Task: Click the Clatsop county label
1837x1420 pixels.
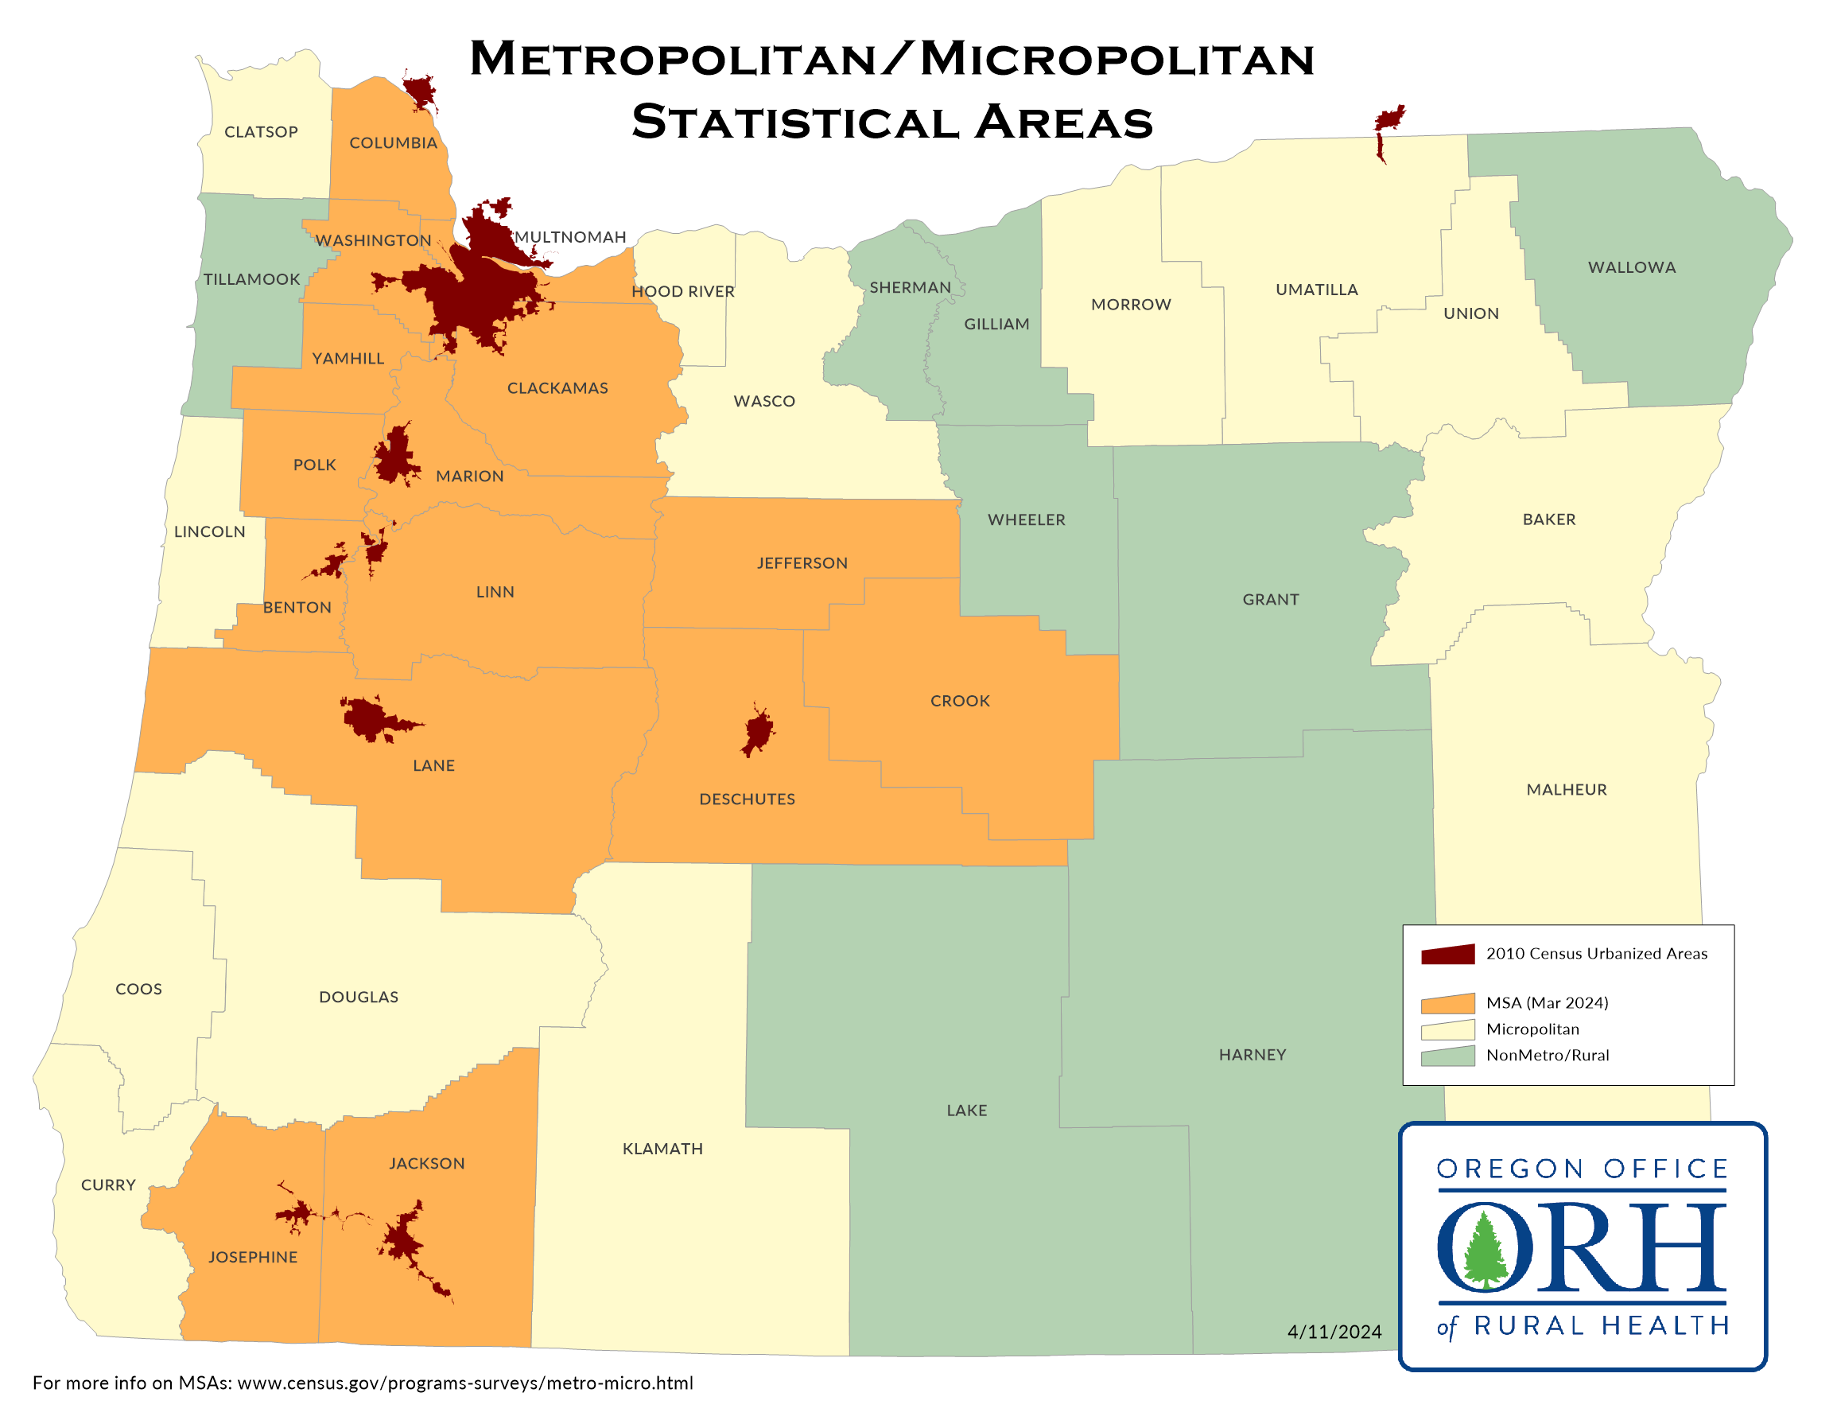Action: (261, 132)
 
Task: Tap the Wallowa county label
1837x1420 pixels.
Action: (1631, 267)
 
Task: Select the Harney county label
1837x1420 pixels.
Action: (1252, 1055)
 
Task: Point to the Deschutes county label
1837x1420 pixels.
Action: (747, 799)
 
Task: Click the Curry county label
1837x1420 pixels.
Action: (107, 1185)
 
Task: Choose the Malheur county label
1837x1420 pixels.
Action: (1566, 790)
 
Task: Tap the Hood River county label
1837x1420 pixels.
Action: (683, 292)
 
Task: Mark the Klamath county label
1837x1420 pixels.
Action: (662, 1149)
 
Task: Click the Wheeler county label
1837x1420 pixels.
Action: (1026, 520)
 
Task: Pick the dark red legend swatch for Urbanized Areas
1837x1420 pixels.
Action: (1447, 954)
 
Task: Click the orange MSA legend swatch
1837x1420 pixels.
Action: (1447, 1004)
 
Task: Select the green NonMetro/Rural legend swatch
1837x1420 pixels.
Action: (1447, 1056)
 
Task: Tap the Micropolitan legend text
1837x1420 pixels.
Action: (1532, 1029)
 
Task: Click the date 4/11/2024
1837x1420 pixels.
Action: (1334, 1332)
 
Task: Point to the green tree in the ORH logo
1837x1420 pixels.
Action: (1486, 1250)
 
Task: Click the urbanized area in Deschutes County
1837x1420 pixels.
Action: (758, 732)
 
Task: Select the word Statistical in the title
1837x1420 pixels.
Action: (795, 123)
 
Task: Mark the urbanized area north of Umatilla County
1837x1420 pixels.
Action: (1388, 122)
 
